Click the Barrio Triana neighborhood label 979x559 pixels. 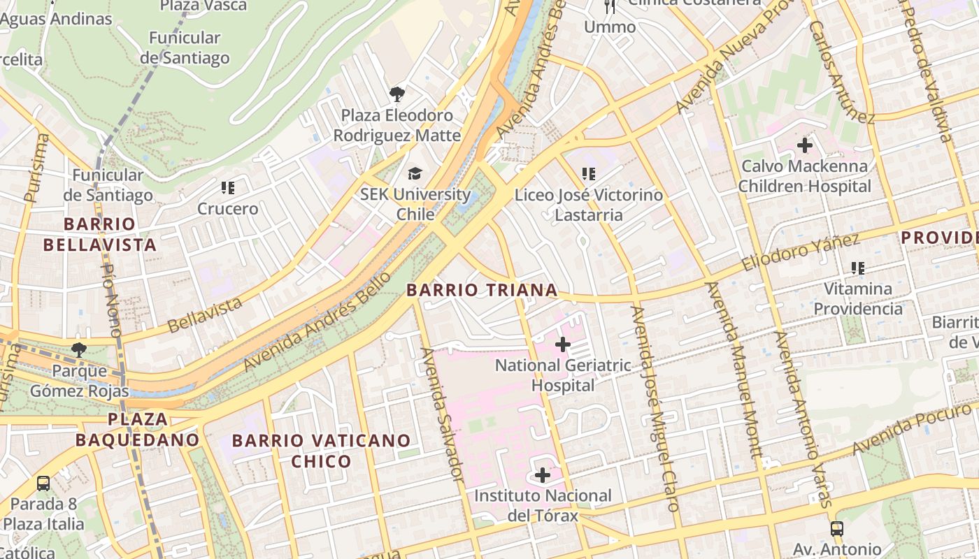click(x=482, y=290)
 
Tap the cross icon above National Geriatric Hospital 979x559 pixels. click(x=563, y=344)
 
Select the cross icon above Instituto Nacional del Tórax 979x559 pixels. click(x=543, y=476)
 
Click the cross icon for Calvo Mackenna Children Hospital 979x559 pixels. click(x=805, y=145)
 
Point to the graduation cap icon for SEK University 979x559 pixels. click(x=415, y=173)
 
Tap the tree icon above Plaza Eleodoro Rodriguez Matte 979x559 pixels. click(x=396, y=94)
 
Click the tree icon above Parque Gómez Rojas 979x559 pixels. click(x=79, y=349)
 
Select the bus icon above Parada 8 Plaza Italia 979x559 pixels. click(x=43, y=483)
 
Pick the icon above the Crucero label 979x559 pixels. click(x=227, y=188)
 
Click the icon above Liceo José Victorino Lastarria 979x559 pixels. click(x=588, y=174)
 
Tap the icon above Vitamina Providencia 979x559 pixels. click(x=858, y=268)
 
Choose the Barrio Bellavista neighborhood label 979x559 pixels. click(x=99, y=234)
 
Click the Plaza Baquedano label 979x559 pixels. click(x=138, y=430)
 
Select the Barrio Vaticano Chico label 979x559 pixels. click(x=321, y=451)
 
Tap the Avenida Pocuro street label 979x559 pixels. click(x=913, y=426)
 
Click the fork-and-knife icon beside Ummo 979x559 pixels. click(x=610, y=7)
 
